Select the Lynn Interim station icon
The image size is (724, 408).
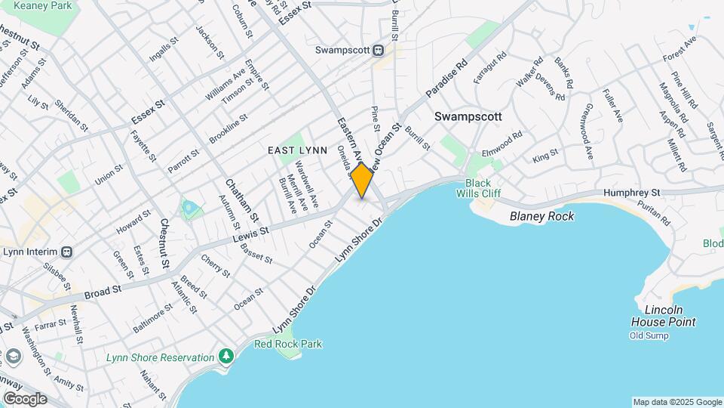(67, 252)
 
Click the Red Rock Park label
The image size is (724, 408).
(288, 345)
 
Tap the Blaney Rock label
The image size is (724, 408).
(541, 216)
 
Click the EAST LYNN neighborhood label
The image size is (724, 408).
(298, 150)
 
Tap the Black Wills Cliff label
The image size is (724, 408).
(478, 188)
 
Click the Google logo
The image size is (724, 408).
(25, 399)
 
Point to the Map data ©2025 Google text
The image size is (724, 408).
(677, 402)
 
